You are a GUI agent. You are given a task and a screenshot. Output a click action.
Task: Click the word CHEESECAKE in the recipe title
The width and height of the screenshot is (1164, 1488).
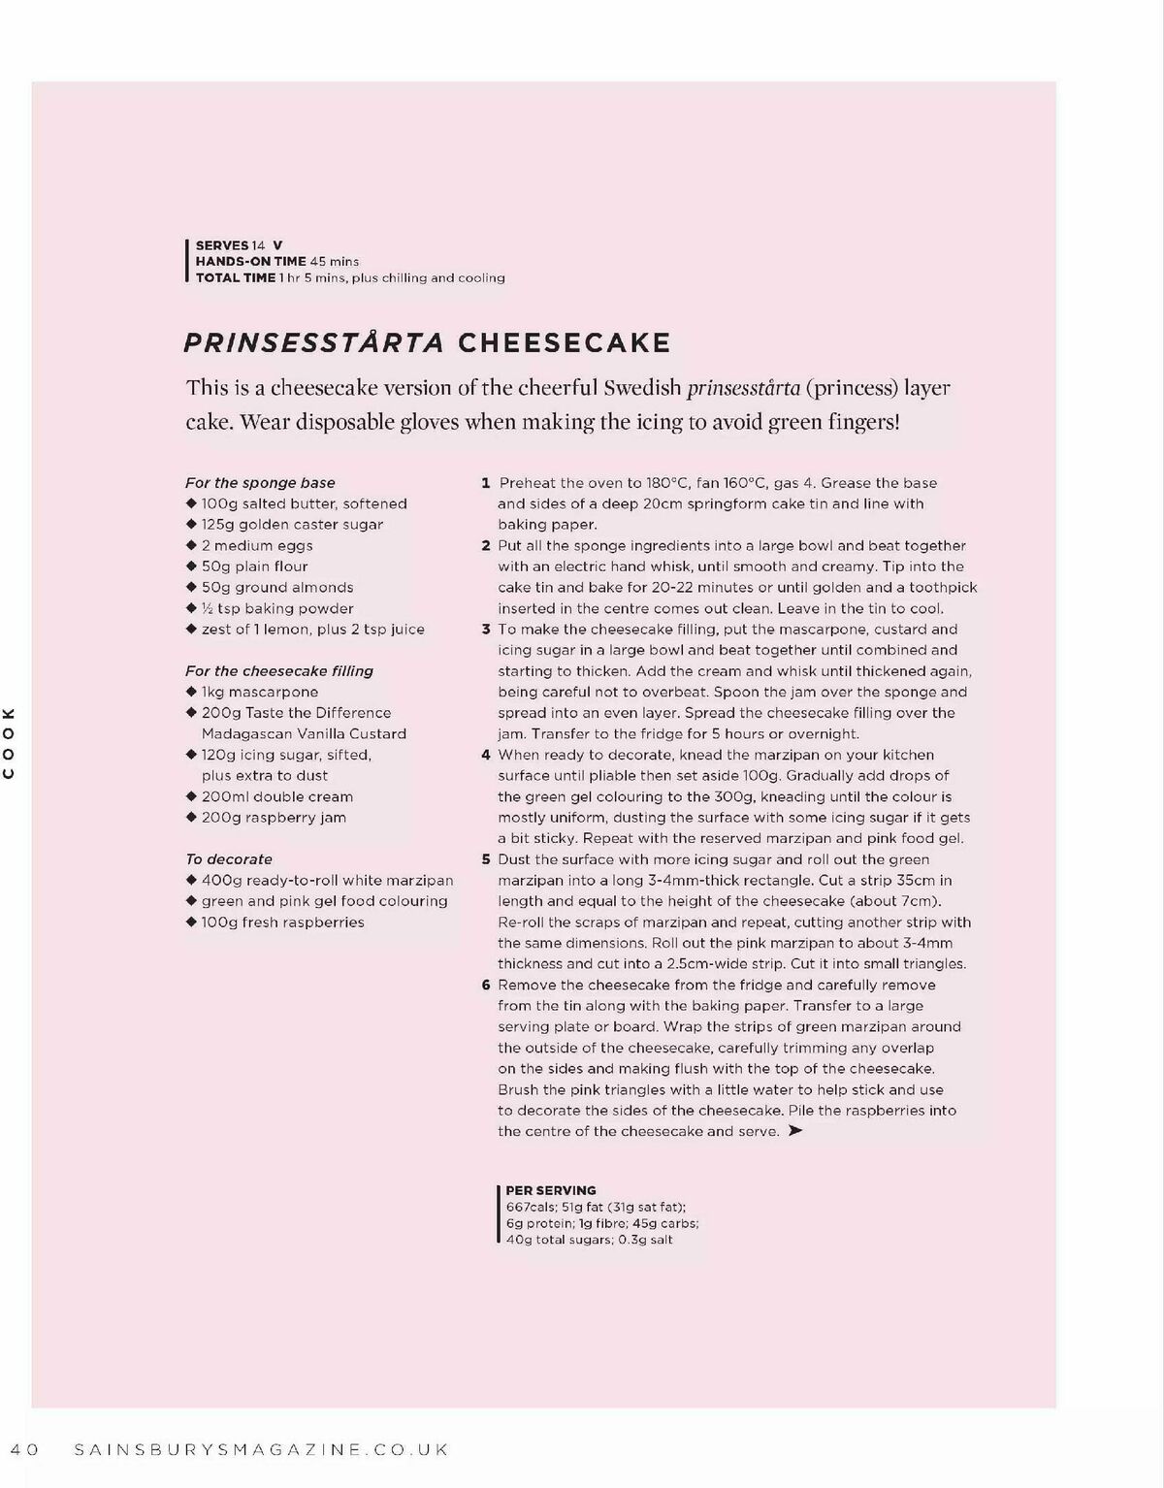click(x=564, y=343)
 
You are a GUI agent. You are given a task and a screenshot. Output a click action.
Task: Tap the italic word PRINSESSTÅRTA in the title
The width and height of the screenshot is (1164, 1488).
click(x=313, y=343)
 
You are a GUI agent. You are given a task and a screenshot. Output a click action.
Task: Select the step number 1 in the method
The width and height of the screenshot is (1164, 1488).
click(x=485, y=483)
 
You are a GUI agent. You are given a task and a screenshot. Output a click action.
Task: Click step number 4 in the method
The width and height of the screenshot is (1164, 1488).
click(x=486, y=755)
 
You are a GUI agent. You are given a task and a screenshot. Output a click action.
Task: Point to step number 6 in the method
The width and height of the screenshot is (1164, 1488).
click(x=486, y=986)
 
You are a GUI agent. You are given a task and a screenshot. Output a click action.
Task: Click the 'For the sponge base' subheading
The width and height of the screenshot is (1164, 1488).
click(x=260, y=483)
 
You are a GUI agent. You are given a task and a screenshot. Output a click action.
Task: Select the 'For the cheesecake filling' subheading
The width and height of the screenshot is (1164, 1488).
click(x=279, y=671)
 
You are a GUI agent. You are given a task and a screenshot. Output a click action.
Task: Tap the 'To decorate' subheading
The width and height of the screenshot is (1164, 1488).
click(x=229, y=859)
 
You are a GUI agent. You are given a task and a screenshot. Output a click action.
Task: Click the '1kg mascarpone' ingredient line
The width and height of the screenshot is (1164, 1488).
click(x=259, y=693)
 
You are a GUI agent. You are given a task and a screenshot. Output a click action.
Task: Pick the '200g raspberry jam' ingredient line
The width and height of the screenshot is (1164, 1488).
click(x=274, y=818)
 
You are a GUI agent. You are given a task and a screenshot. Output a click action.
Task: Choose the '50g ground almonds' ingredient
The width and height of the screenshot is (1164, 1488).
click(x=277, y=588)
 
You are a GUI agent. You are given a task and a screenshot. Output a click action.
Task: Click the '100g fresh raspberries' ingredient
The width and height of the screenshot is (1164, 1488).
click(x=282, y=922)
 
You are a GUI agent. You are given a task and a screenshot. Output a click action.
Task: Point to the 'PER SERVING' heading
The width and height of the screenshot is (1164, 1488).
click(x=551, y=1190)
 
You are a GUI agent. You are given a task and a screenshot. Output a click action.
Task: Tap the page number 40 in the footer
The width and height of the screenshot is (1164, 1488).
click(x=24, y=1450)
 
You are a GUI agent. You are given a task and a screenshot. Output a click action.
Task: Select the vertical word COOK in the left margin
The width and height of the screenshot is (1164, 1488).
click(x=9, y=743)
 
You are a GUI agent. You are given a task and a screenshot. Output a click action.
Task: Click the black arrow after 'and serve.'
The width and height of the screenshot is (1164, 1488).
click(x=795, y=1131)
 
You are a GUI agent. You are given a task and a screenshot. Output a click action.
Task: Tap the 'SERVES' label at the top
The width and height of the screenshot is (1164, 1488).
click(x=222, y=245)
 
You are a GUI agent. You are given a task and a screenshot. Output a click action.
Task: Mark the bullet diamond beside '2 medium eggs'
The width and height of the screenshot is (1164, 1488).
click(x=191, y=545)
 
